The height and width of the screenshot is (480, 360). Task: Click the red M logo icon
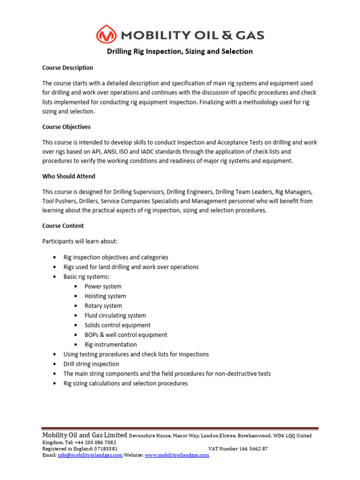[x=106, y=35]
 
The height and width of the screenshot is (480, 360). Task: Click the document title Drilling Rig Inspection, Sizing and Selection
[x=180, y=52]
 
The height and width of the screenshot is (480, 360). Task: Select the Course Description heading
[x=67, y=68]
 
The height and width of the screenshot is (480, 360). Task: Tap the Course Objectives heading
[x=67, y=127]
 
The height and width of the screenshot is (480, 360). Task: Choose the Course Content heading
[x=63, y=225]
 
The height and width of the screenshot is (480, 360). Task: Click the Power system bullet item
[x=103, y=286]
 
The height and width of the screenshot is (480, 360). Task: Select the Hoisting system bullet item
[x=105, y=296]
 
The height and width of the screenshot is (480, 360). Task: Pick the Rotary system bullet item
[x=103, y=306]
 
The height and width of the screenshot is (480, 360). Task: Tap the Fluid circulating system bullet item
[x=115, y=315]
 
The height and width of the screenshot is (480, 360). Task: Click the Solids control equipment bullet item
[x=118, y=325]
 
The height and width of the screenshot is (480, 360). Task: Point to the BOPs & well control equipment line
[x=126, y=335]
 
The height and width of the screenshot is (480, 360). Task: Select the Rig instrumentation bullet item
[x=111, y=345]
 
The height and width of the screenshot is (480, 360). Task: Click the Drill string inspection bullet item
[x=91, y=364]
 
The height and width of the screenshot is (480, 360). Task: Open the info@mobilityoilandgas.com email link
[x=90, y=455]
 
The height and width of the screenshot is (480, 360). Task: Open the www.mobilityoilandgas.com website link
[x=177, y=455]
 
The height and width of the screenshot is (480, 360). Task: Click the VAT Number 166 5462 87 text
[x=238, y=449]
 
